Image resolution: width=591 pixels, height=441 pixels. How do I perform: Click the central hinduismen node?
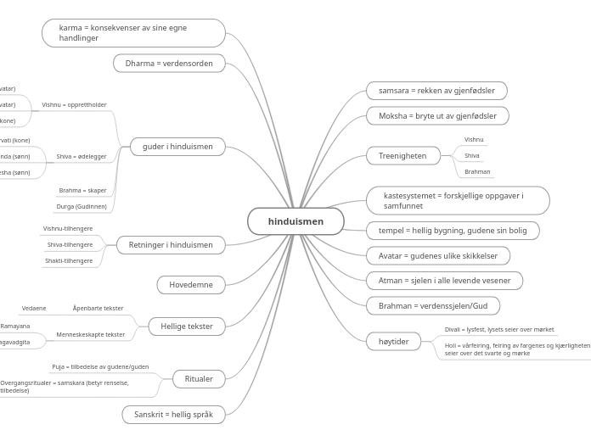(x=295, y=221)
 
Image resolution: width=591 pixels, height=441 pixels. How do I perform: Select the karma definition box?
(x=133, y=33)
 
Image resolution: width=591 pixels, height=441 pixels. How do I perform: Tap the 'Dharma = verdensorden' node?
(x=169, y=64)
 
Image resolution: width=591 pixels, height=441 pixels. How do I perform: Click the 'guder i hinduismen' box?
(x=177, y=148)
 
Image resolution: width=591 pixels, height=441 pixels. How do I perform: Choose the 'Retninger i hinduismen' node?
(x=171, y=245)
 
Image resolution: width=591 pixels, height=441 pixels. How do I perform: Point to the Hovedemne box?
(x=191, y=285)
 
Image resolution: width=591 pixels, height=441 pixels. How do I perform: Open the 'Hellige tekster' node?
(x=187, y=326)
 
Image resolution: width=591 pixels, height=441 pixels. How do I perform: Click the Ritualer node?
(x=199, y=379)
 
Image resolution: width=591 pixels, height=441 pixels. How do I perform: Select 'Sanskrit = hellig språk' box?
(x=173, y=415)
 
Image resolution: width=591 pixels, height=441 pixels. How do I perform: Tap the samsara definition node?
(x=436, y=91)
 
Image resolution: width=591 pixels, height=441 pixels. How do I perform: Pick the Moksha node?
(x=437, y=116)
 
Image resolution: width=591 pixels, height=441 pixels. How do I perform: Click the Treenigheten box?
(x=403, y=156)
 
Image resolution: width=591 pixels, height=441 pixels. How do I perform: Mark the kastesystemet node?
(x=458, y=201)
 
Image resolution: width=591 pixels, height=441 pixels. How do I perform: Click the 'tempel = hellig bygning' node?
(x=453, y=231)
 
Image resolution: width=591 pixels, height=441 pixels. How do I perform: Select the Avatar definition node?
(x=438, y=256)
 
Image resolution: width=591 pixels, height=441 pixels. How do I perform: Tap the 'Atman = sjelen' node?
(x=444, y=281)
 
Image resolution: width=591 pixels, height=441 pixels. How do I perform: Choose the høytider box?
(x=393, y=342)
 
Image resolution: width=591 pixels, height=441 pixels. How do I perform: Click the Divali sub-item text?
(x=499, y=330)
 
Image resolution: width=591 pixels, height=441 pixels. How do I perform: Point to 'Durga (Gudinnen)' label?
(x=82, y=207)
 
